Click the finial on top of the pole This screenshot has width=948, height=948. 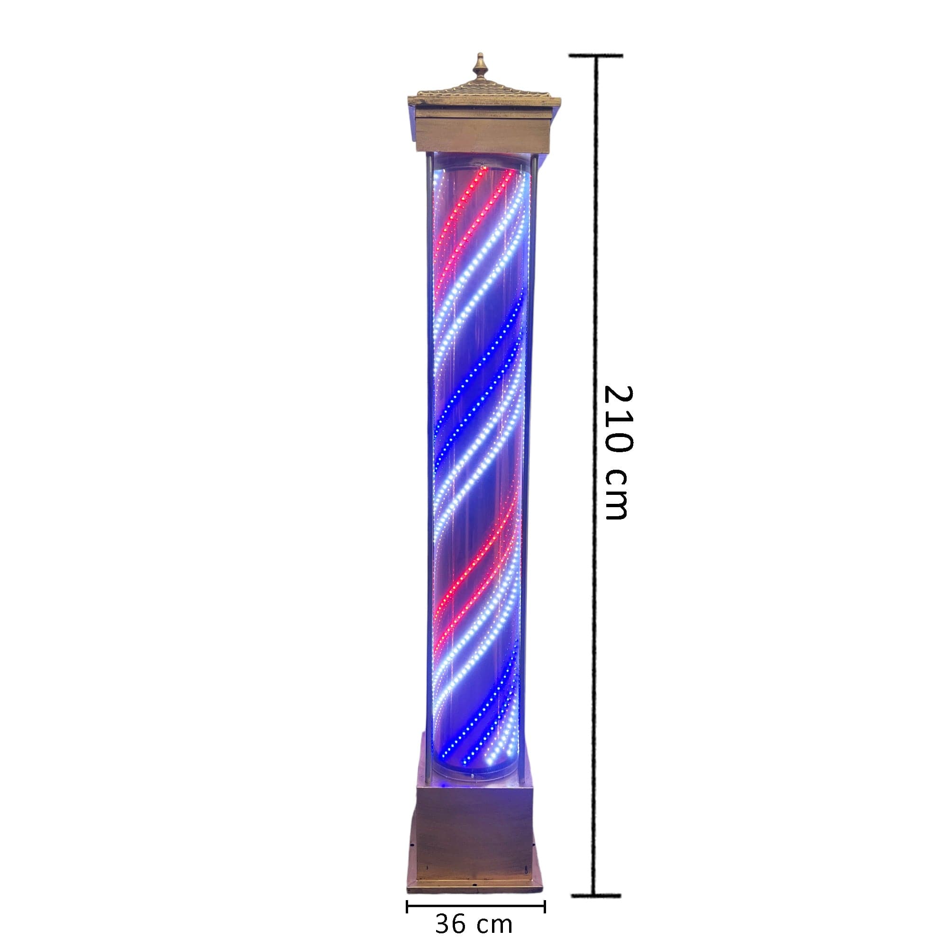pyautogui.click(x=480, y=72)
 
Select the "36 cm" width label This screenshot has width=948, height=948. pyautogui.click(x=474, y=924)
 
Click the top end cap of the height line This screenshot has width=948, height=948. pyautogui.click(x=596, y=56)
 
